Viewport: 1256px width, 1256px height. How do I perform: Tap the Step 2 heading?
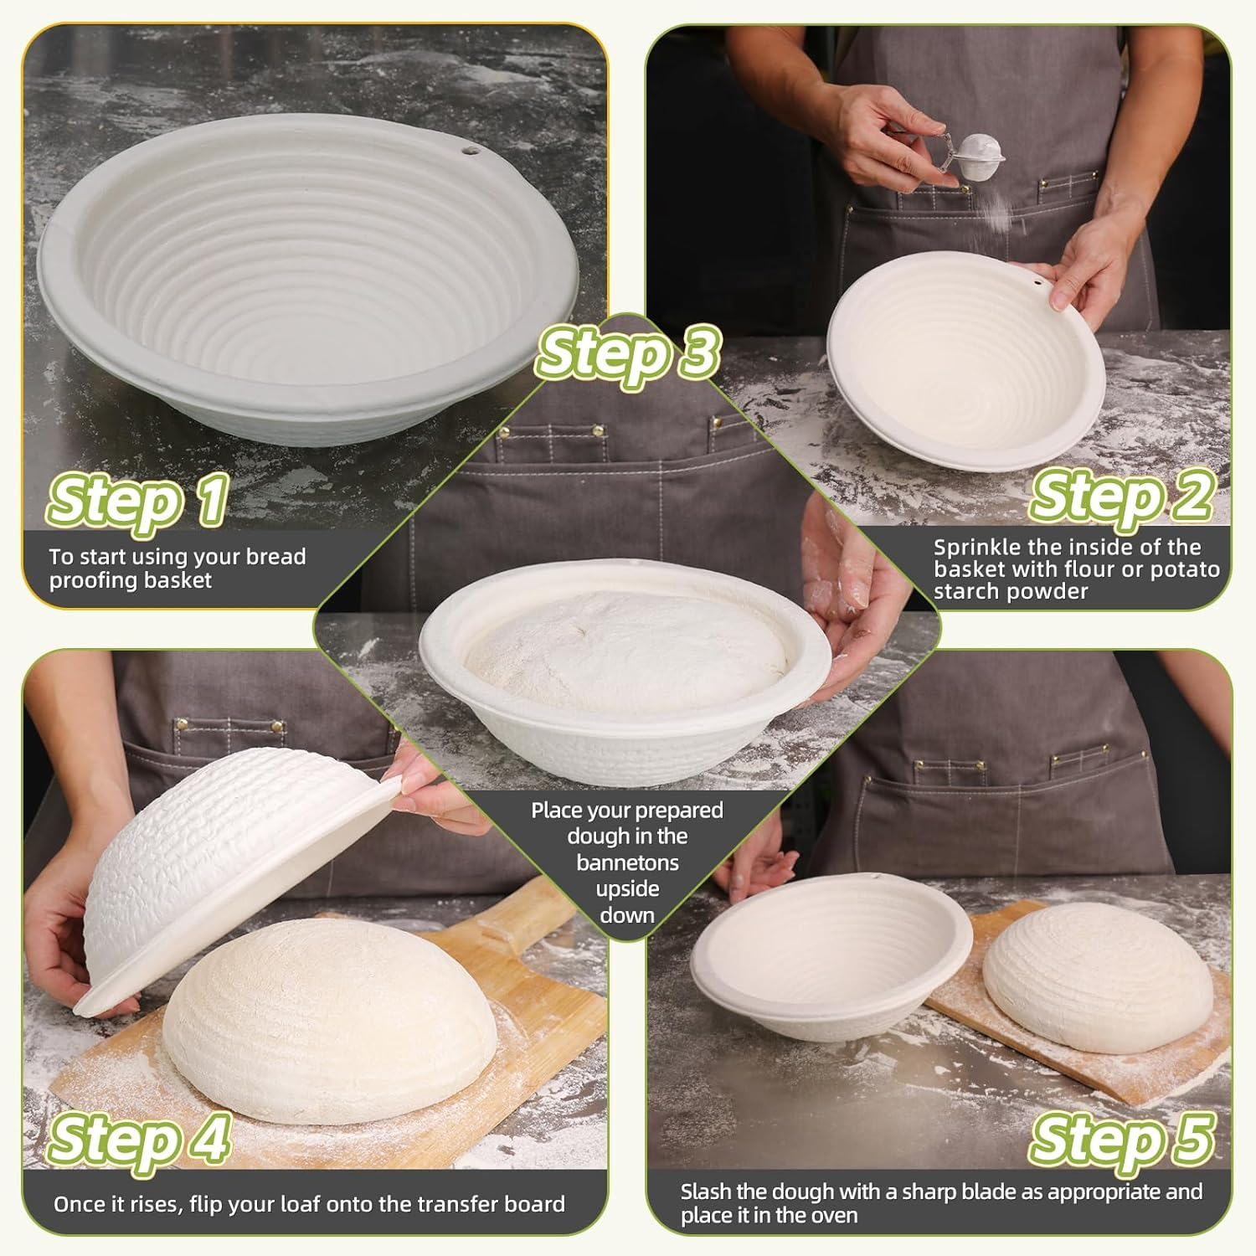tap(1120, 495)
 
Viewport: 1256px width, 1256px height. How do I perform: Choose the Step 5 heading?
tap(1120, 1139)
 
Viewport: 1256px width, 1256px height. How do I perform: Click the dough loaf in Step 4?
tap(327, 1022)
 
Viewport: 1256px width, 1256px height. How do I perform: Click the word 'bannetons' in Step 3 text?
tap(627, 862)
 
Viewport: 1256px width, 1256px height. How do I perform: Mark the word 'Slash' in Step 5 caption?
tap(706, 1192)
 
